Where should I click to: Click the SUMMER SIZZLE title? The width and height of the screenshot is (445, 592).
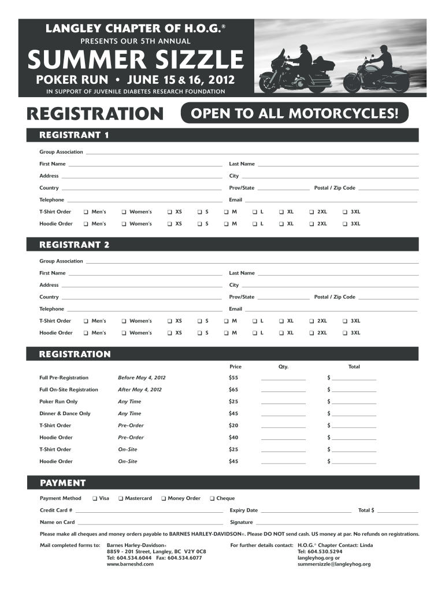coord(136,58)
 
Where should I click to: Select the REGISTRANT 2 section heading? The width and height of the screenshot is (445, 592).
coord(74,245)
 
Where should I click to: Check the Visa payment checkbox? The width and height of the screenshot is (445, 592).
coord(95,498)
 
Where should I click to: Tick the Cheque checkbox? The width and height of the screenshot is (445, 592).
coord(212,498)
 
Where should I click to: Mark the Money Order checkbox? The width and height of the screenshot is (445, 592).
coord(164,498)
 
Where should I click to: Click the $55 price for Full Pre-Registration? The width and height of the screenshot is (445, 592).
coord(233,378)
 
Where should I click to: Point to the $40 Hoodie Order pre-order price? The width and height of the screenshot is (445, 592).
coord(233,438)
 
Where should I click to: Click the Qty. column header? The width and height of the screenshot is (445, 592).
coord(283,367)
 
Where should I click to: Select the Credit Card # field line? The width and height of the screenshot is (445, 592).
coord(149,512)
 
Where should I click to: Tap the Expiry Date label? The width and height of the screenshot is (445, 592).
coord(243,510)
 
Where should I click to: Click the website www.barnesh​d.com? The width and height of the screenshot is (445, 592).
coord(130,564)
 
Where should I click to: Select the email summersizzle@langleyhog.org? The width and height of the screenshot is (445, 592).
coord(334,564)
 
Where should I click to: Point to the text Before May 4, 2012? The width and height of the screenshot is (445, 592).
coord(138,378)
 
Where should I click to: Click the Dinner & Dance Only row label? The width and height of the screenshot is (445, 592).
coord(65,413)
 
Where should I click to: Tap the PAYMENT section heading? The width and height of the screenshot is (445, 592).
coord(62,483)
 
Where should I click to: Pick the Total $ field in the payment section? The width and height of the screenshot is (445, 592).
coord(397,512)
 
